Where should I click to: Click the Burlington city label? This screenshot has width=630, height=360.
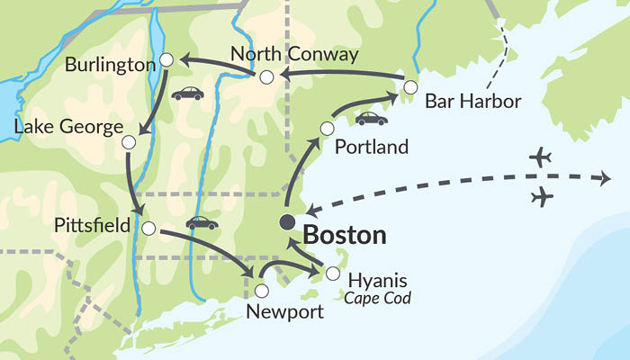tap(110, 67)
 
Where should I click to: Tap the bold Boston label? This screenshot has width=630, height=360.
tap(345, 236)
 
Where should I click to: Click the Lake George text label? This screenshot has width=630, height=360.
tap(67, 128)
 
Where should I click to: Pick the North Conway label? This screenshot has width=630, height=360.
tap(293, 55)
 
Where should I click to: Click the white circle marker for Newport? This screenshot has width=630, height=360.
tap(261, 291)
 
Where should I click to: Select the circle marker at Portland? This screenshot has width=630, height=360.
tap(327, 129)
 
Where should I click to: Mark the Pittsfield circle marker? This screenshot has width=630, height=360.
tap(148, 228)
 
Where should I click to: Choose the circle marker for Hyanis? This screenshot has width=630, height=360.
tap(333, 274)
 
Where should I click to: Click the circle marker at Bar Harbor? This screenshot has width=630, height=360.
tap(410, 87)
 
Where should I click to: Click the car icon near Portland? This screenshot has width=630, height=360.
tap(371, 118)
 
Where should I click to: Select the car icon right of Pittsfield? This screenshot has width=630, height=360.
tap(202, 222)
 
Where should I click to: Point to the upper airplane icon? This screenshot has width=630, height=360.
tap(540, 158)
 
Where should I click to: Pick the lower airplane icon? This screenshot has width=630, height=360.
tap(543, 196)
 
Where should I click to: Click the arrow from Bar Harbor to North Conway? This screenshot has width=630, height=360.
tap(342, 76)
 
